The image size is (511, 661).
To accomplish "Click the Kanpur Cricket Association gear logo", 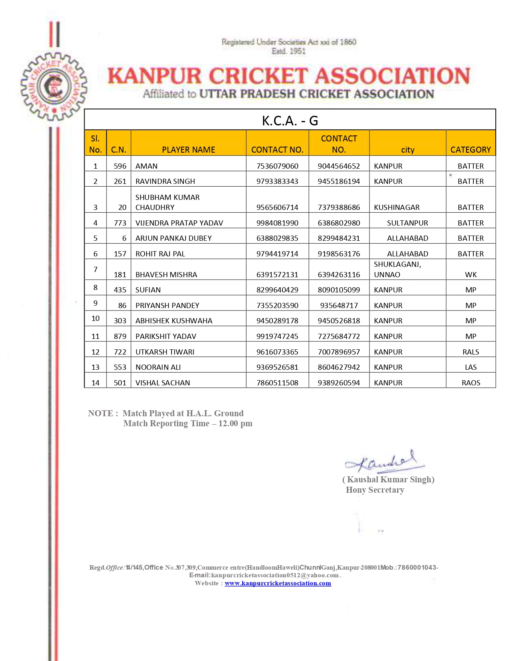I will (x=54, y=87).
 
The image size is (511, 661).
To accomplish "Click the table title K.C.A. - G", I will (x=290, y=121).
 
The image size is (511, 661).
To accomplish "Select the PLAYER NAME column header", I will (x=188, y=150).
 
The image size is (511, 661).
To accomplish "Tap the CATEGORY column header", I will (x=471, y=150).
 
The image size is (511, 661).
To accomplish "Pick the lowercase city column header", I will (x=408, y=150).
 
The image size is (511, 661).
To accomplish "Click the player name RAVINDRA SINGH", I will (x=165, y=181).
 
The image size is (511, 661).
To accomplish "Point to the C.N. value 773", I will (x=120, y=223).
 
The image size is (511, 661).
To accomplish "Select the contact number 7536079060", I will (x=277, y=166).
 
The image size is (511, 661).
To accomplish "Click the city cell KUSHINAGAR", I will (x=397, y=208).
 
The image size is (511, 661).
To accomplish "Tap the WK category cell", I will (x=471, y=275).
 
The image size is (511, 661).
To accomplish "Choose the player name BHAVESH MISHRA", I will (x=166, y=275).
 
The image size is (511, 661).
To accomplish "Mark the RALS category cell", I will (x=471, y=352).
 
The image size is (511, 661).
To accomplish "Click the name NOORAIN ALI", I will (x=158, y=367).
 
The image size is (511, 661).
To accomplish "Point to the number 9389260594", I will (x=339, y=383).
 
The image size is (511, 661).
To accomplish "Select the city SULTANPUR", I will (x=408, y=223).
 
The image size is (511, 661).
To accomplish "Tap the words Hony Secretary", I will (x=375, y=490).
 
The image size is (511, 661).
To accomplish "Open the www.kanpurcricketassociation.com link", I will (x=278, y=583).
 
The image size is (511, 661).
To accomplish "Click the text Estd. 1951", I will (x=289, y=51).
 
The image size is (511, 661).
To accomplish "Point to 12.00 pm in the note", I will (x=235, y=423).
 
